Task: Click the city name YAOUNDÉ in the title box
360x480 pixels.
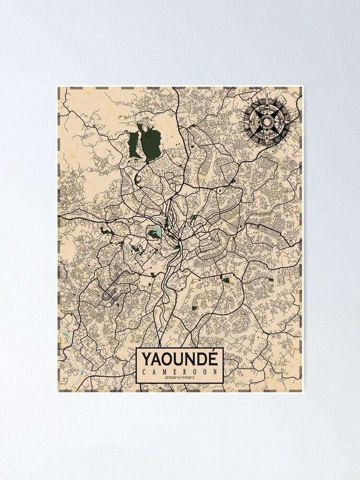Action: pyautogui.click(x=180, y=359)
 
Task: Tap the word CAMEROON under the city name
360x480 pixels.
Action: pyautogui.click(x=180, y=372)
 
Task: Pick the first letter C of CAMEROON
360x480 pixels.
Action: pyautogui.click(x=144, y=372)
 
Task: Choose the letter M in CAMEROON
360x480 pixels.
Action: pyautogui.click(x=163, y=372)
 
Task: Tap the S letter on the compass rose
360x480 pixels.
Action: pyautogui.click(x=264, y=139)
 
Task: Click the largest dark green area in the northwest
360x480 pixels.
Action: pyautogui.click(x=149, y=142)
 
